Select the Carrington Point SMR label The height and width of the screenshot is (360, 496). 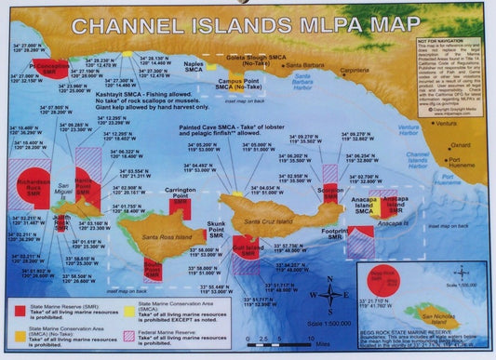181,195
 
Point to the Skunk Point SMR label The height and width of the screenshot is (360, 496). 217,231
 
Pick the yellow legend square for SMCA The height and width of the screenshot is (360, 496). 129,306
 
